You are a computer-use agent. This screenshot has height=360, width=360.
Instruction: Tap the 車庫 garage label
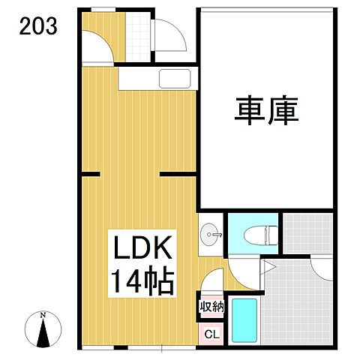coord(267,112)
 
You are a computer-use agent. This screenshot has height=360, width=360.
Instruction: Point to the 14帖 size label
coord(143,282)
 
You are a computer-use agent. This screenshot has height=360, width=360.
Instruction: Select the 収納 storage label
coord(211,306)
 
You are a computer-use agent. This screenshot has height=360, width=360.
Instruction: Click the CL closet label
coord(211,334)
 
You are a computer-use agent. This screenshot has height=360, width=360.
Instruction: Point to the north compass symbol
coord(44,330)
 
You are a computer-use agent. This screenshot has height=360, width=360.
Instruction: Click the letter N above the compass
coord(44,313)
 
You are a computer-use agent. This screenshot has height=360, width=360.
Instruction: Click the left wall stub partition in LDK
coord(90,174)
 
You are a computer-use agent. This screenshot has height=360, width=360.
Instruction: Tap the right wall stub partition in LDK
coord(177,174)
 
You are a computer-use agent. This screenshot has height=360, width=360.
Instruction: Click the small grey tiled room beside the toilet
coord(308,235)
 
